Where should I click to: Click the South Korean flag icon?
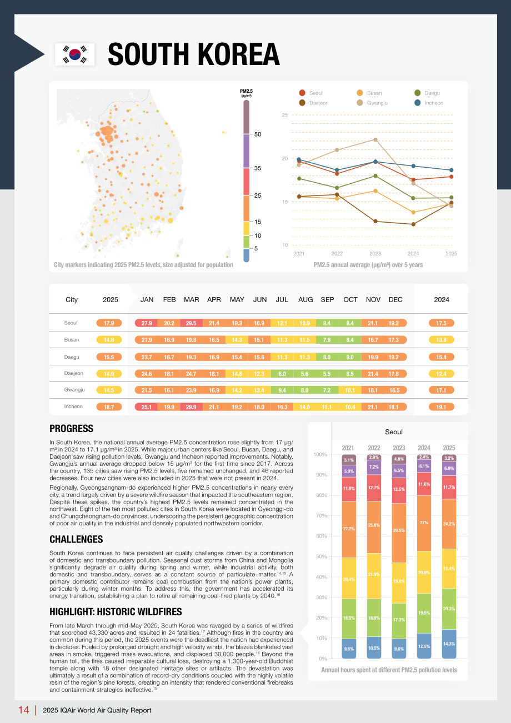74,54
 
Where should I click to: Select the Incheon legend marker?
417,103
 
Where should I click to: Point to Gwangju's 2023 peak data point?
375,140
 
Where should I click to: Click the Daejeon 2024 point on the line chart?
413,224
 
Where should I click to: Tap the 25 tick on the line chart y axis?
285,115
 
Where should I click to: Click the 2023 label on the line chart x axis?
375,254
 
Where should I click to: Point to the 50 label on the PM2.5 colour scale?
258,134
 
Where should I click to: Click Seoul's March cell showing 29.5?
191,323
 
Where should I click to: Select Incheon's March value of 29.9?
191,407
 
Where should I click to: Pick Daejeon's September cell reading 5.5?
327,374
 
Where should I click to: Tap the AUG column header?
305,299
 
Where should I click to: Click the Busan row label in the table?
72,339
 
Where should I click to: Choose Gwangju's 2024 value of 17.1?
441,390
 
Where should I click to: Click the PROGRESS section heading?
71,428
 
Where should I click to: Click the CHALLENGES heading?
76,539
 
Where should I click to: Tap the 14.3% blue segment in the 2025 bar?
449,644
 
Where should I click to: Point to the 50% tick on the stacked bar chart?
321,556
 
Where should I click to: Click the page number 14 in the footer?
23,710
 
